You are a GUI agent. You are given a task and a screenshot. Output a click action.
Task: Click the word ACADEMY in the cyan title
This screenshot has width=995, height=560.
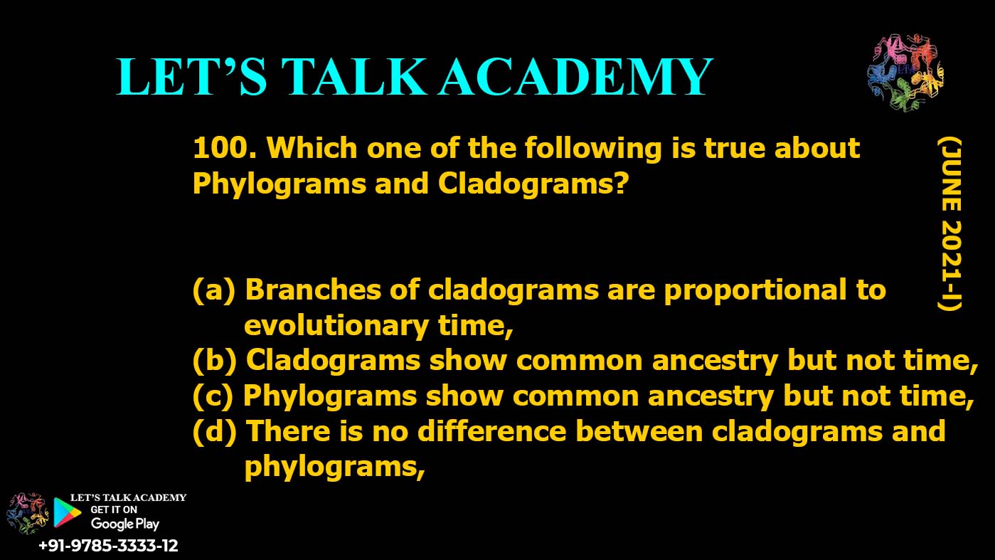coord(575,77)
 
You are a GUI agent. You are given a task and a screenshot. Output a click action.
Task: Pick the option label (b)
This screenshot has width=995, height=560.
coord(214,361)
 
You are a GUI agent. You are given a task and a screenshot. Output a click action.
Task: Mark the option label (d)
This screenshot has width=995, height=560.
coord(214,432)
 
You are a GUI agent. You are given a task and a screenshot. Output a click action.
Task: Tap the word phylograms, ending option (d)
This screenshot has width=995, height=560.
coord(334,467)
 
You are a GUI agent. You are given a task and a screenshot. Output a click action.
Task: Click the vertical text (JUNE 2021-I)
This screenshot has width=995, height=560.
coord(949,224)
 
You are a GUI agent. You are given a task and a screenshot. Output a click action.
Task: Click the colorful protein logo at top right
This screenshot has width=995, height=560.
coord(904,73)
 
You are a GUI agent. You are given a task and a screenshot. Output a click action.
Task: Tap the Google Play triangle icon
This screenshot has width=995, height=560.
coord(66,512)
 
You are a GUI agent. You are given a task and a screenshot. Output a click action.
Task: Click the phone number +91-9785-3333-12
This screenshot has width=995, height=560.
coord(108,546)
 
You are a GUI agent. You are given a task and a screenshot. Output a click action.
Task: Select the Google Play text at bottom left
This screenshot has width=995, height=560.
coord(125,524)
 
